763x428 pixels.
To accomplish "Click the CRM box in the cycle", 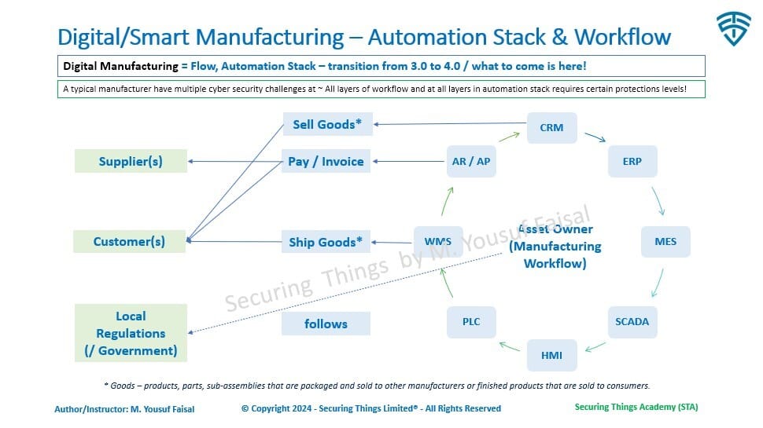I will (x=551, y=127).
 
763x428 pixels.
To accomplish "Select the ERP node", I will (x=632, y=161).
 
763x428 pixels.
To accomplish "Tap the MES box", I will (x=665, y=241).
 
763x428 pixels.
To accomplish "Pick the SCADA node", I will (x=632, y=321).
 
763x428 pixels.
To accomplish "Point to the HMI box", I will (x=551, y=355).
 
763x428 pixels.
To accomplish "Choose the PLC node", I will (x=471, y=321).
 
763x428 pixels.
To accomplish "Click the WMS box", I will (x=438, y=241).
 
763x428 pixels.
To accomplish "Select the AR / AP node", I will (x=471, y=161).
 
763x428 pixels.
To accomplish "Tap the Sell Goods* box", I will (x=326, y=124).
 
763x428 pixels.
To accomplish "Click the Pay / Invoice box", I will (x=326, y=162).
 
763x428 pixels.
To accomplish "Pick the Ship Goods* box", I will (x=326, y=242).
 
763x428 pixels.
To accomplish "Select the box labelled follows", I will (x=326, y=324).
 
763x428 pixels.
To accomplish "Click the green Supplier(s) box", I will (x=131, y=162).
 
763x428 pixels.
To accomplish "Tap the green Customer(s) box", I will (x=130, y=241).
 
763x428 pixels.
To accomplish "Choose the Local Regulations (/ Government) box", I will (x=131, y=333).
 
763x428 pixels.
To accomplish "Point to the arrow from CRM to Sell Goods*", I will (x=448, y=124).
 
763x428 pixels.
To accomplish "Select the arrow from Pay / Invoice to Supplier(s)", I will (x=236, y=162).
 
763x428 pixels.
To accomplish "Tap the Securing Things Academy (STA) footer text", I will (x=636, y=407).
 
